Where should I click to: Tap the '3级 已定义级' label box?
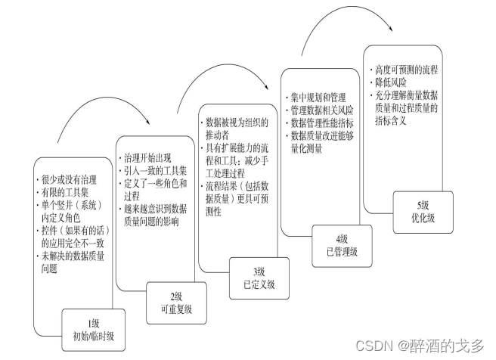click(259, 278)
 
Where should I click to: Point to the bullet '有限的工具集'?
click(65, 192)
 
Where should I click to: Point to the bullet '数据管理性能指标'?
click(324, 123)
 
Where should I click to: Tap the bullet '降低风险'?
click(390, 82)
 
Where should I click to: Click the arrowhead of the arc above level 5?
click(393, 31)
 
